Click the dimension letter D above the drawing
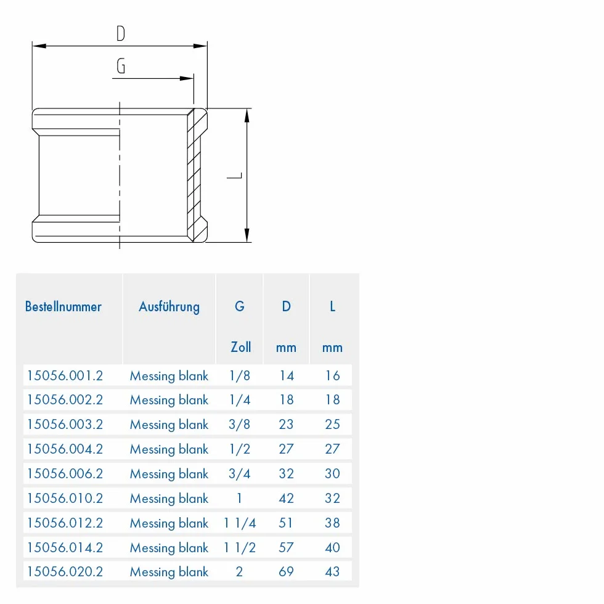[121, 33]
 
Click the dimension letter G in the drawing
[121, 66]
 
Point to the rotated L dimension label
[234, 176]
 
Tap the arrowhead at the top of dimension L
[247, 116]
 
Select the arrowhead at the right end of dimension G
[187, 79]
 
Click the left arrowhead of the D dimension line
[39, 46]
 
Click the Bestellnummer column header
[63, 307]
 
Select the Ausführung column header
[169, 307]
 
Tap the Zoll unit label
[241, 347]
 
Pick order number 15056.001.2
[65, 375]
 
